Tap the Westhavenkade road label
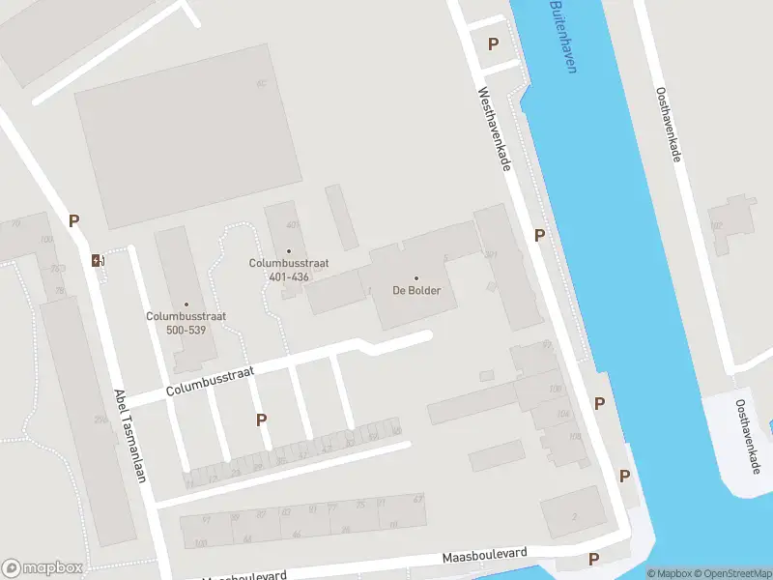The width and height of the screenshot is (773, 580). point(494,130)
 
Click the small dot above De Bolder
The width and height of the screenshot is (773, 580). point(416,278)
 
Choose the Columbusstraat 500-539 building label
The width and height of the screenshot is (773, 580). point(177,323)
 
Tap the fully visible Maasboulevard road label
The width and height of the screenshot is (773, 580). point(485,556)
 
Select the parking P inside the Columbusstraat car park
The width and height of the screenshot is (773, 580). point(261,420)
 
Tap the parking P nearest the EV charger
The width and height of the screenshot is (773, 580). point(73,220)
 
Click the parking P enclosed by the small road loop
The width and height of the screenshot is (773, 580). point(493,43)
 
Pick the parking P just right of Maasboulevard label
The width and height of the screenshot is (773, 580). point(593,559)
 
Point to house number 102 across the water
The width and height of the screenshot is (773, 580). point(717,226)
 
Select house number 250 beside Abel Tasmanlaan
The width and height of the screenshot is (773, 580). point(100,419)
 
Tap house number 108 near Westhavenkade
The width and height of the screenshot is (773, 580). point(575,436)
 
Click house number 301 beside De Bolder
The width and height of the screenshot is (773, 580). point(491,255)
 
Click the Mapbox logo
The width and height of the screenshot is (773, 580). point(43,568)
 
